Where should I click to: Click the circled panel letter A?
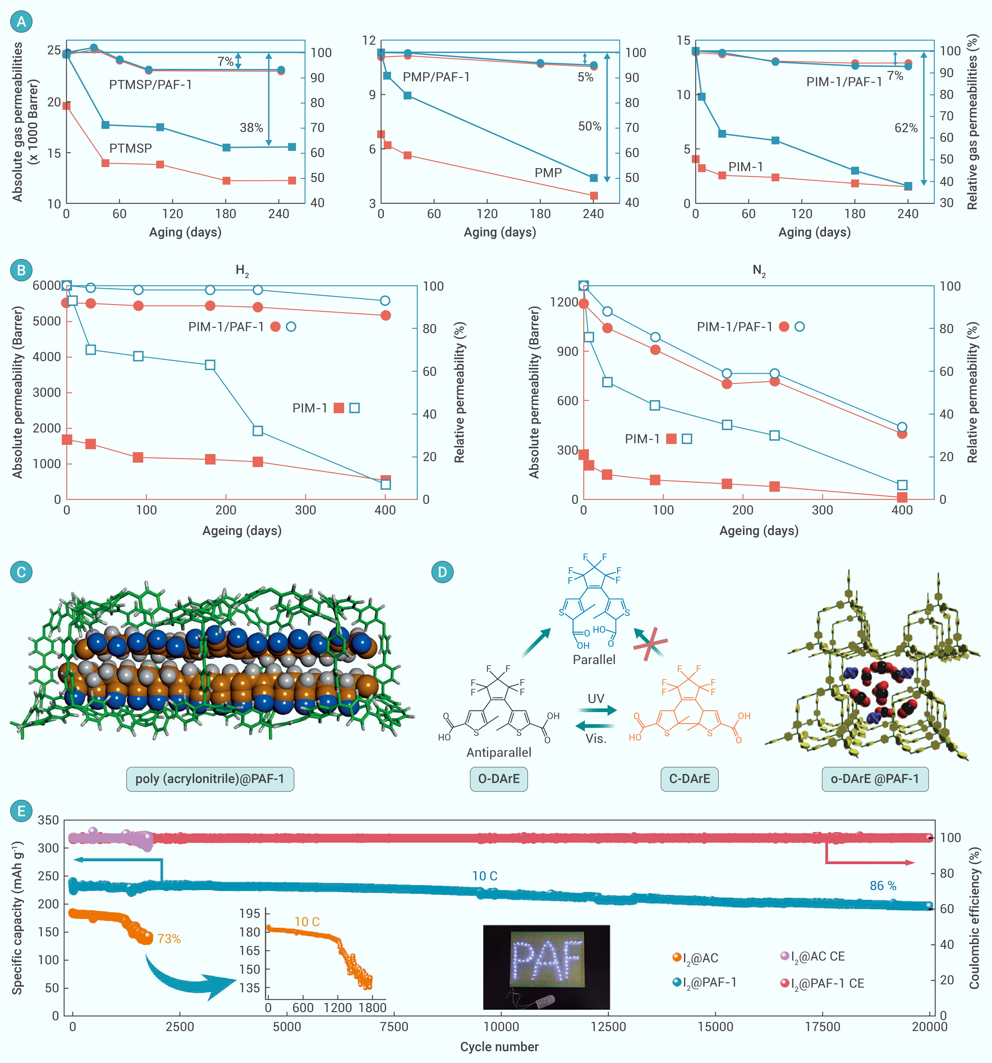tap(21, 22)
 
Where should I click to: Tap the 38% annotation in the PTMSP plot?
tap(251, 128)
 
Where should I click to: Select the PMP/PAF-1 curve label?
tap(436, 77)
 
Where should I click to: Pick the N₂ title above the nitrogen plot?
tap(759, 271)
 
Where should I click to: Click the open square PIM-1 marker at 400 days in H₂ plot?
tap(385, 484)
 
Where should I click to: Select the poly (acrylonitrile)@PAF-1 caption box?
tap(210, 779)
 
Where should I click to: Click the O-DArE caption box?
tap(499, 779)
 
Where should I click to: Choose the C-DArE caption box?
tap(689, 779)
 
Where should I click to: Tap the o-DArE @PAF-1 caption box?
tap(875, 779)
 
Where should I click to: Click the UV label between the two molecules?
tap(596, 699)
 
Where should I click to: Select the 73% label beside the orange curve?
tap(169, 939)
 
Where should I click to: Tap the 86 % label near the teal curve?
tap(883, 886)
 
